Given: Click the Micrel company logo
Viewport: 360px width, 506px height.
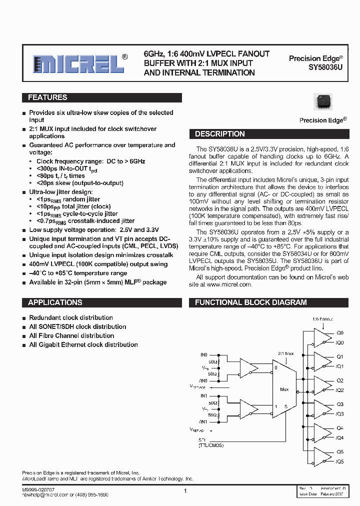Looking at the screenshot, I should point(78,63).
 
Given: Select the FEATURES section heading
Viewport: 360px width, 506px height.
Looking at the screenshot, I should point(47,98).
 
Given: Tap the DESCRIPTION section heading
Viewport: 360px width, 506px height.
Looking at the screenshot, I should point(219,134).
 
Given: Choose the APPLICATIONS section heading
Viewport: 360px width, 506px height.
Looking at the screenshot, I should point(55,302).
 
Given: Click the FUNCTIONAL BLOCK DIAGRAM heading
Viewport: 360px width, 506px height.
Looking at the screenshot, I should point(250,302).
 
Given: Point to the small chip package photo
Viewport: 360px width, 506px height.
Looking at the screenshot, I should point(322,101).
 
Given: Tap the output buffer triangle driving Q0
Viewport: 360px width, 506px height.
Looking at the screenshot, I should point(319,336).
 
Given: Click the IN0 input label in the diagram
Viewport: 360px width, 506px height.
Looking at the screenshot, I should point(203,354).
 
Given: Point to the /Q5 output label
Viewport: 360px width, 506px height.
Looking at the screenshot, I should point(340,461).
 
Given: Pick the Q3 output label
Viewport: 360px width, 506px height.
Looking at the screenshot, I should point(340,404).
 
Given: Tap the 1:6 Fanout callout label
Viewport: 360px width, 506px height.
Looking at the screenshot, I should point(322,318).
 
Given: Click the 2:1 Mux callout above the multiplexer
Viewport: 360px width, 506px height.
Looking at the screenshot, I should point(285,353).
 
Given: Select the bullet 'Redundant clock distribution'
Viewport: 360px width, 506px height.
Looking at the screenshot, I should point(71,318).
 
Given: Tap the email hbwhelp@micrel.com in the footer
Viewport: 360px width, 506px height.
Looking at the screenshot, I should point(44,494).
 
